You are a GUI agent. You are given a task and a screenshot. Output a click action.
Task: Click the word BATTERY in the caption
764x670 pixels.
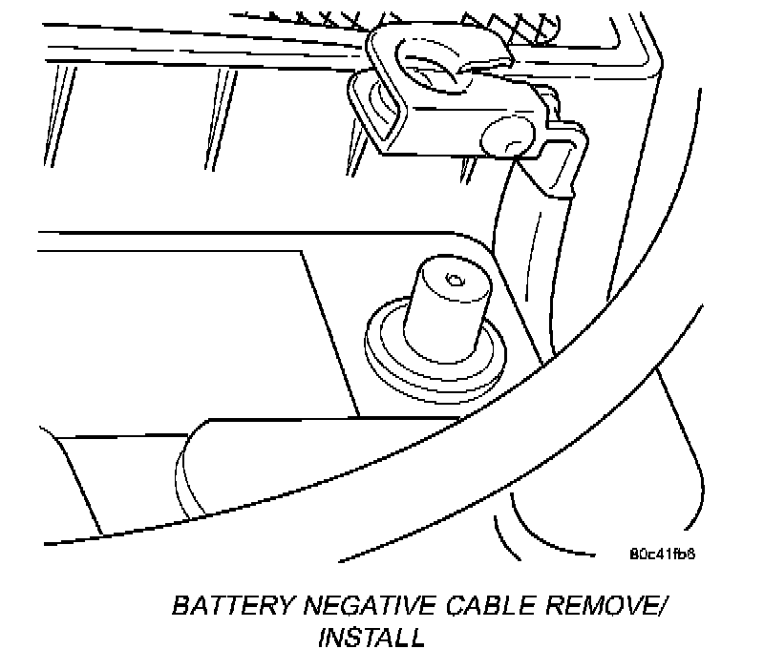pos(223,607)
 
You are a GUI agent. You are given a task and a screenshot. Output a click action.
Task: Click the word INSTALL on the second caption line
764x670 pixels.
pos(371,637)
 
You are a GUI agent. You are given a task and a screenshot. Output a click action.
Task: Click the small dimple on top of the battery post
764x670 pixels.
pos(453,280)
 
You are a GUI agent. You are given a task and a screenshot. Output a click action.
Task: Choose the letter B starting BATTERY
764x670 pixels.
pos(180,607)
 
